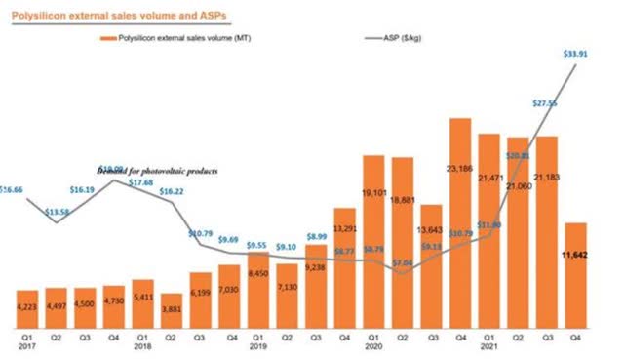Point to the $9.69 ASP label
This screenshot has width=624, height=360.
229,239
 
